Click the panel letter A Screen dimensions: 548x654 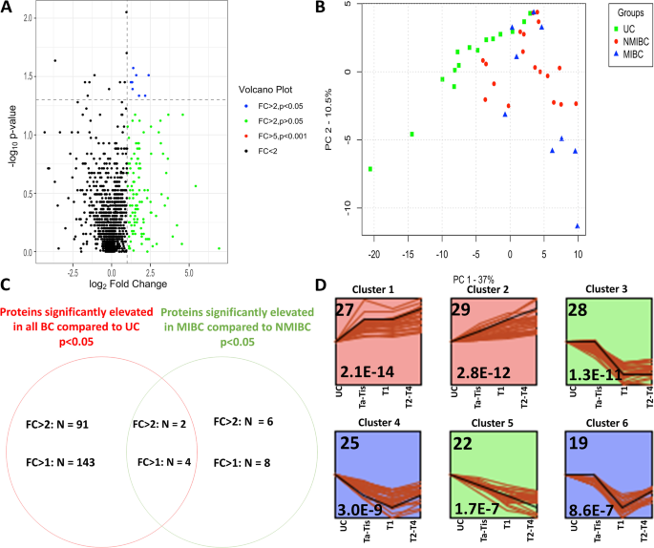pyautogui.click(x=8, y=8)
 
